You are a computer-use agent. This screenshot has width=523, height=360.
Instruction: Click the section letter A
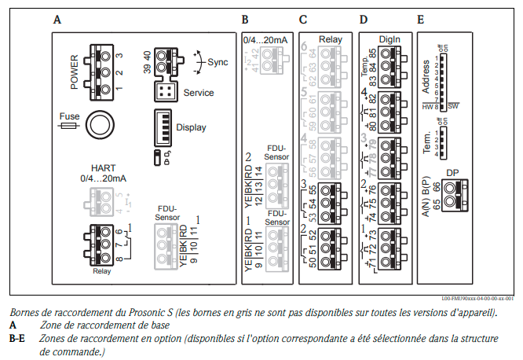click(x=57, y=18)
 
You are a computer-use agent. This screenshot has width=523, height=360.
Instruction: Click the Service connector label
click(x=199, y=93)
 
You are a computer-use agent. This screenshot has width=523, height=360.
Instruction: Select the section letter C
click(x=303, y=18)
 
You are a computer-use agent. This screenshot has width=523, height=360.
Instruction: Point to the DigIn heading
click(x=387, y=39)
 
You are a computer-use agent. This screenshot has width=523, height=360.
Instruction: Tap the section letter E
click(x=421, y=18)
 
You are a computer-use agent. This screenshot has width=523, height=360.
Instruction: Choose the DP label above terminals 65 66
click(x=453, y=172)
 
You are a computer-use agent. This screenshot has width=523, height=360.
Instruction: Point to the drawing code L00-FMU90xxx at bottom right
click(x=477, y=299)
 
